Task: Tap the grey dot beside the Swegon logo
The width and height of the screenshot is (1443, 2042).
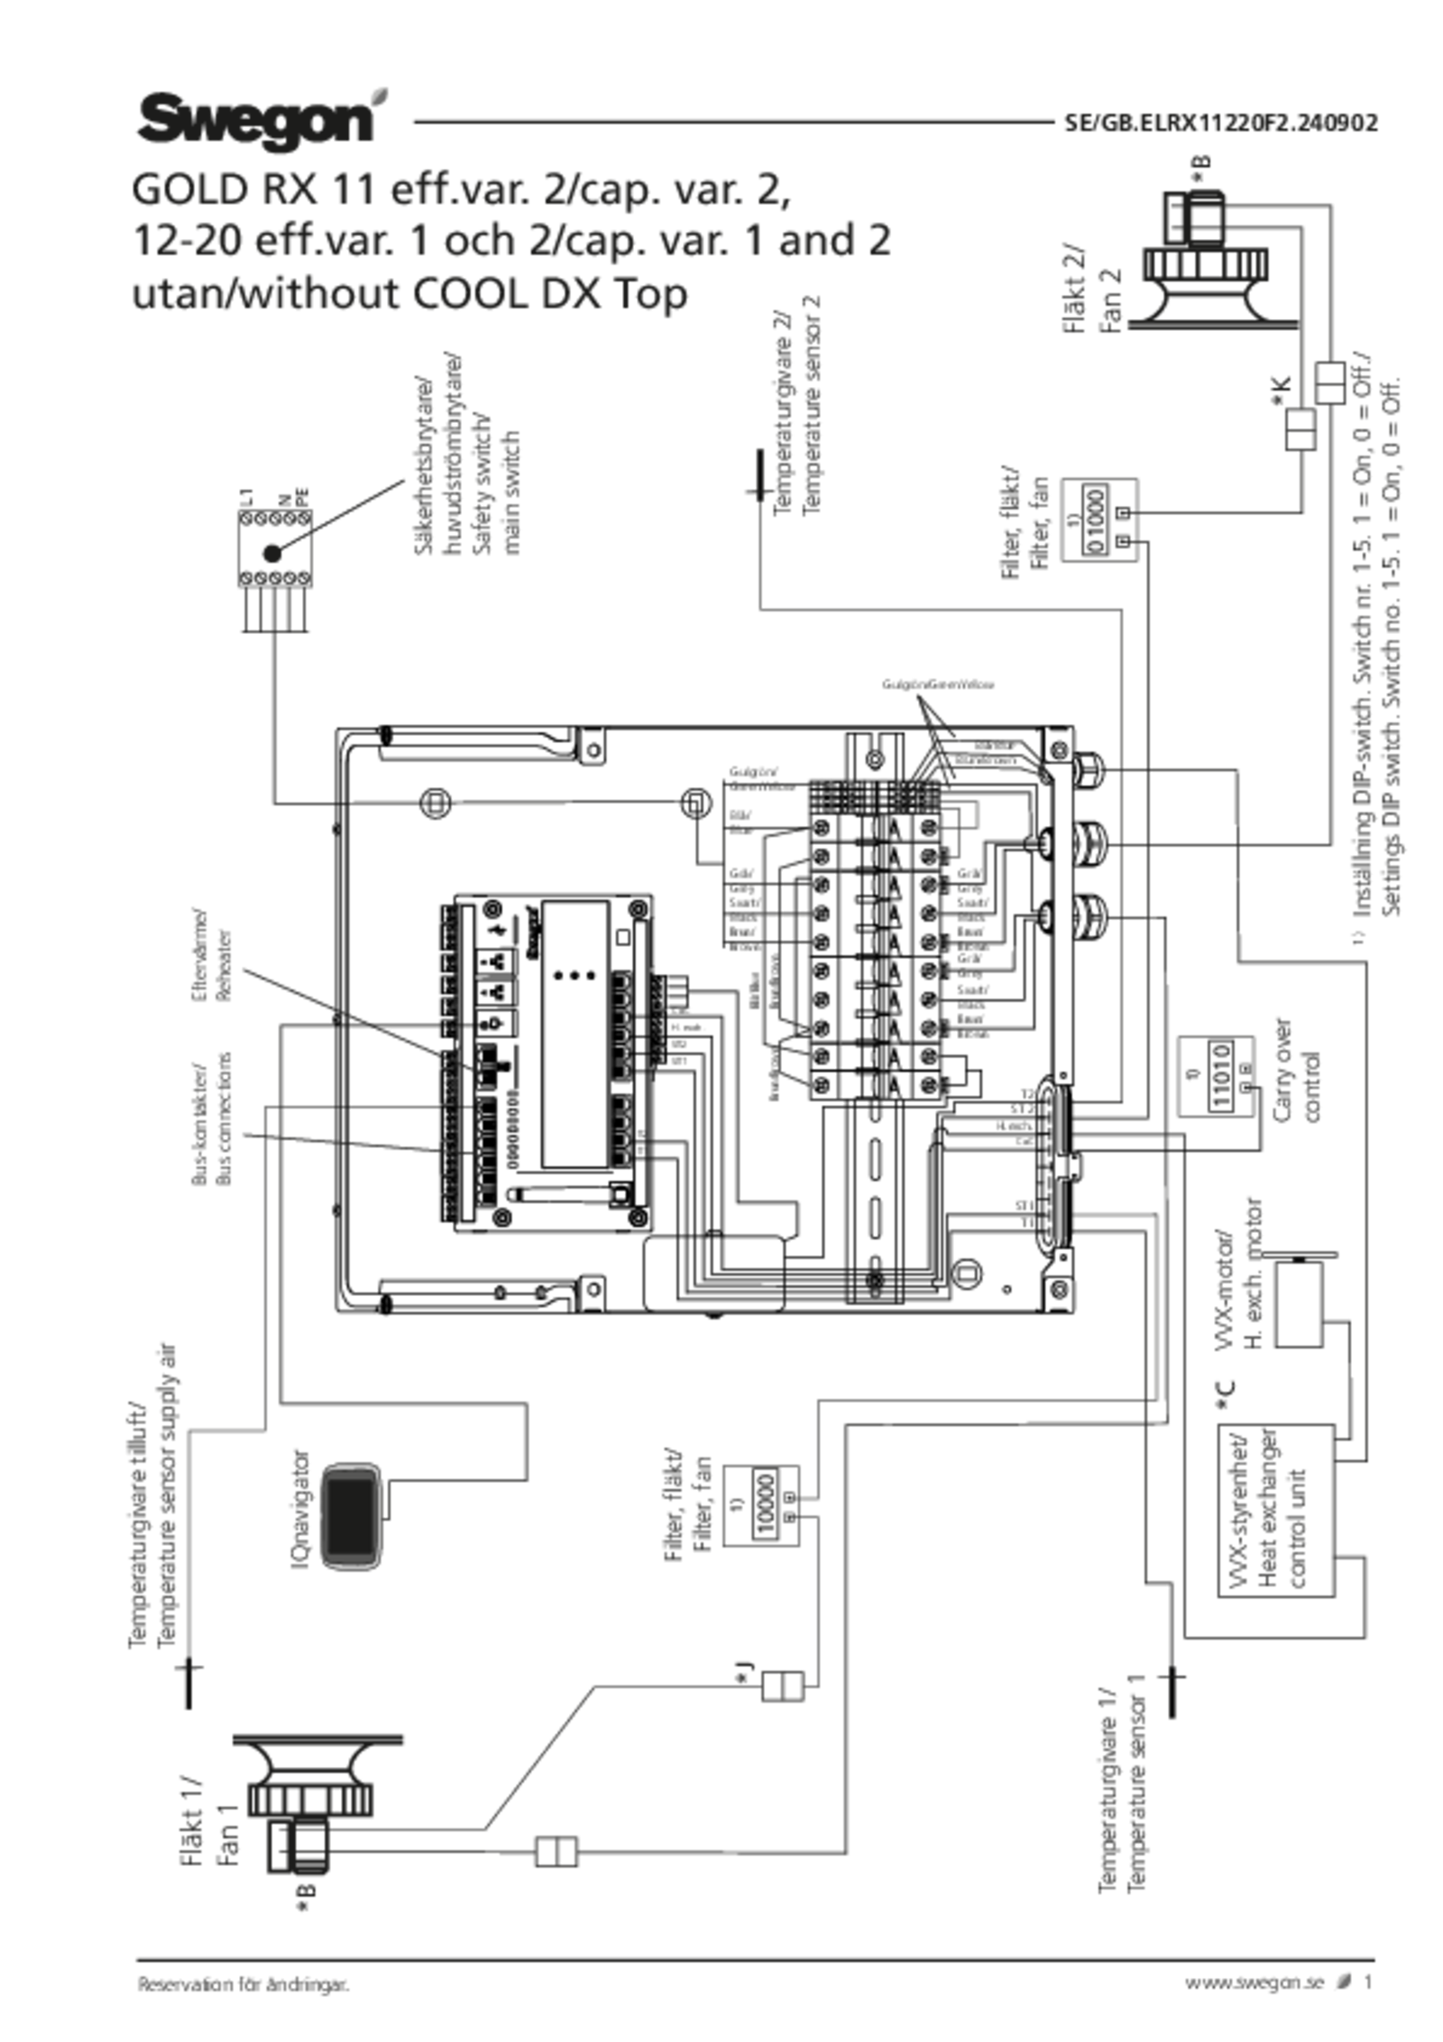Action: (x=380, y=97)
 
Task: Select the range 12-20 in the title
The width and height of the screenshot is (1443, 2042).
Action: (x=186, y=242)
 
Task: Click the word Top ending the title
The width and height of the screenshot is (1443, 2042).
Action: (x=656, y=294)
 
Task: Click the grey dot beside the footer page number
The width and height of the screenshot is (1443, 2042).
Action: (x=1344, y=1980)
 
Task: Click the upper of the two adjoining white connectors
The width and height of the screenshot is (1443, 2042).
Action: (x=1330, y=382)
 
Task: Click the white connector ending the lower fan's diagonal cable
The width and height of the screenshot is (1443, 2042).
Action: (x=782, y=1685)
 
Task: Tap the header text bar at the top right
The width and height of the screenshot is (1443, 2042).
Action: (x=1219, y=123)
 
